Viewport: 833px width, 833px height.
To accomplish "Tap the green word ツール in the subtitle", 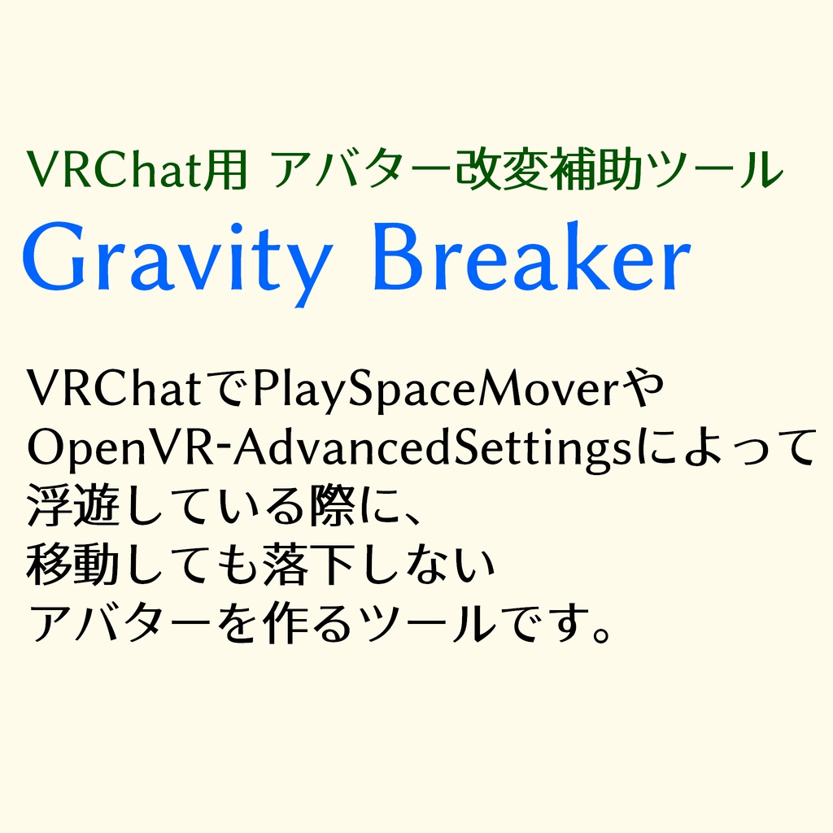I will click(x=724, y=169).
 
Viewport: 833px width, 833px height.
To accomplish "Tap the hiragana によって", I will click(x=724, y=448).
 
